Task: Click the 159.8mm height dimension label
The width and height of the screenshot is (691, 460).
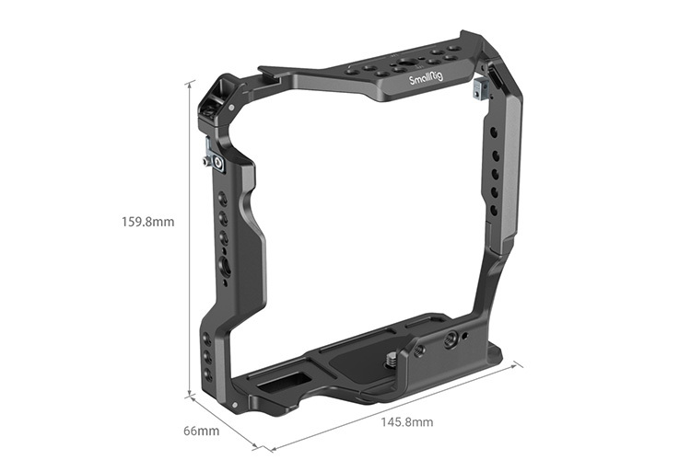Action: point(148,222)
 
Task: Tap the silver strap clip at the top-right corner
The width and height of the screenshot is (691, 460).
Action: point(479,89)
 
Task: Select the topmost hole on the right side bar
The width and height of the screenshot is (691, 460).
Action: point(495,132)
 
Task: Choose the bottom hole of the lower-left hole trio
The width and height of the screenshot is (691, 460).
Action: point(208,375)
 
